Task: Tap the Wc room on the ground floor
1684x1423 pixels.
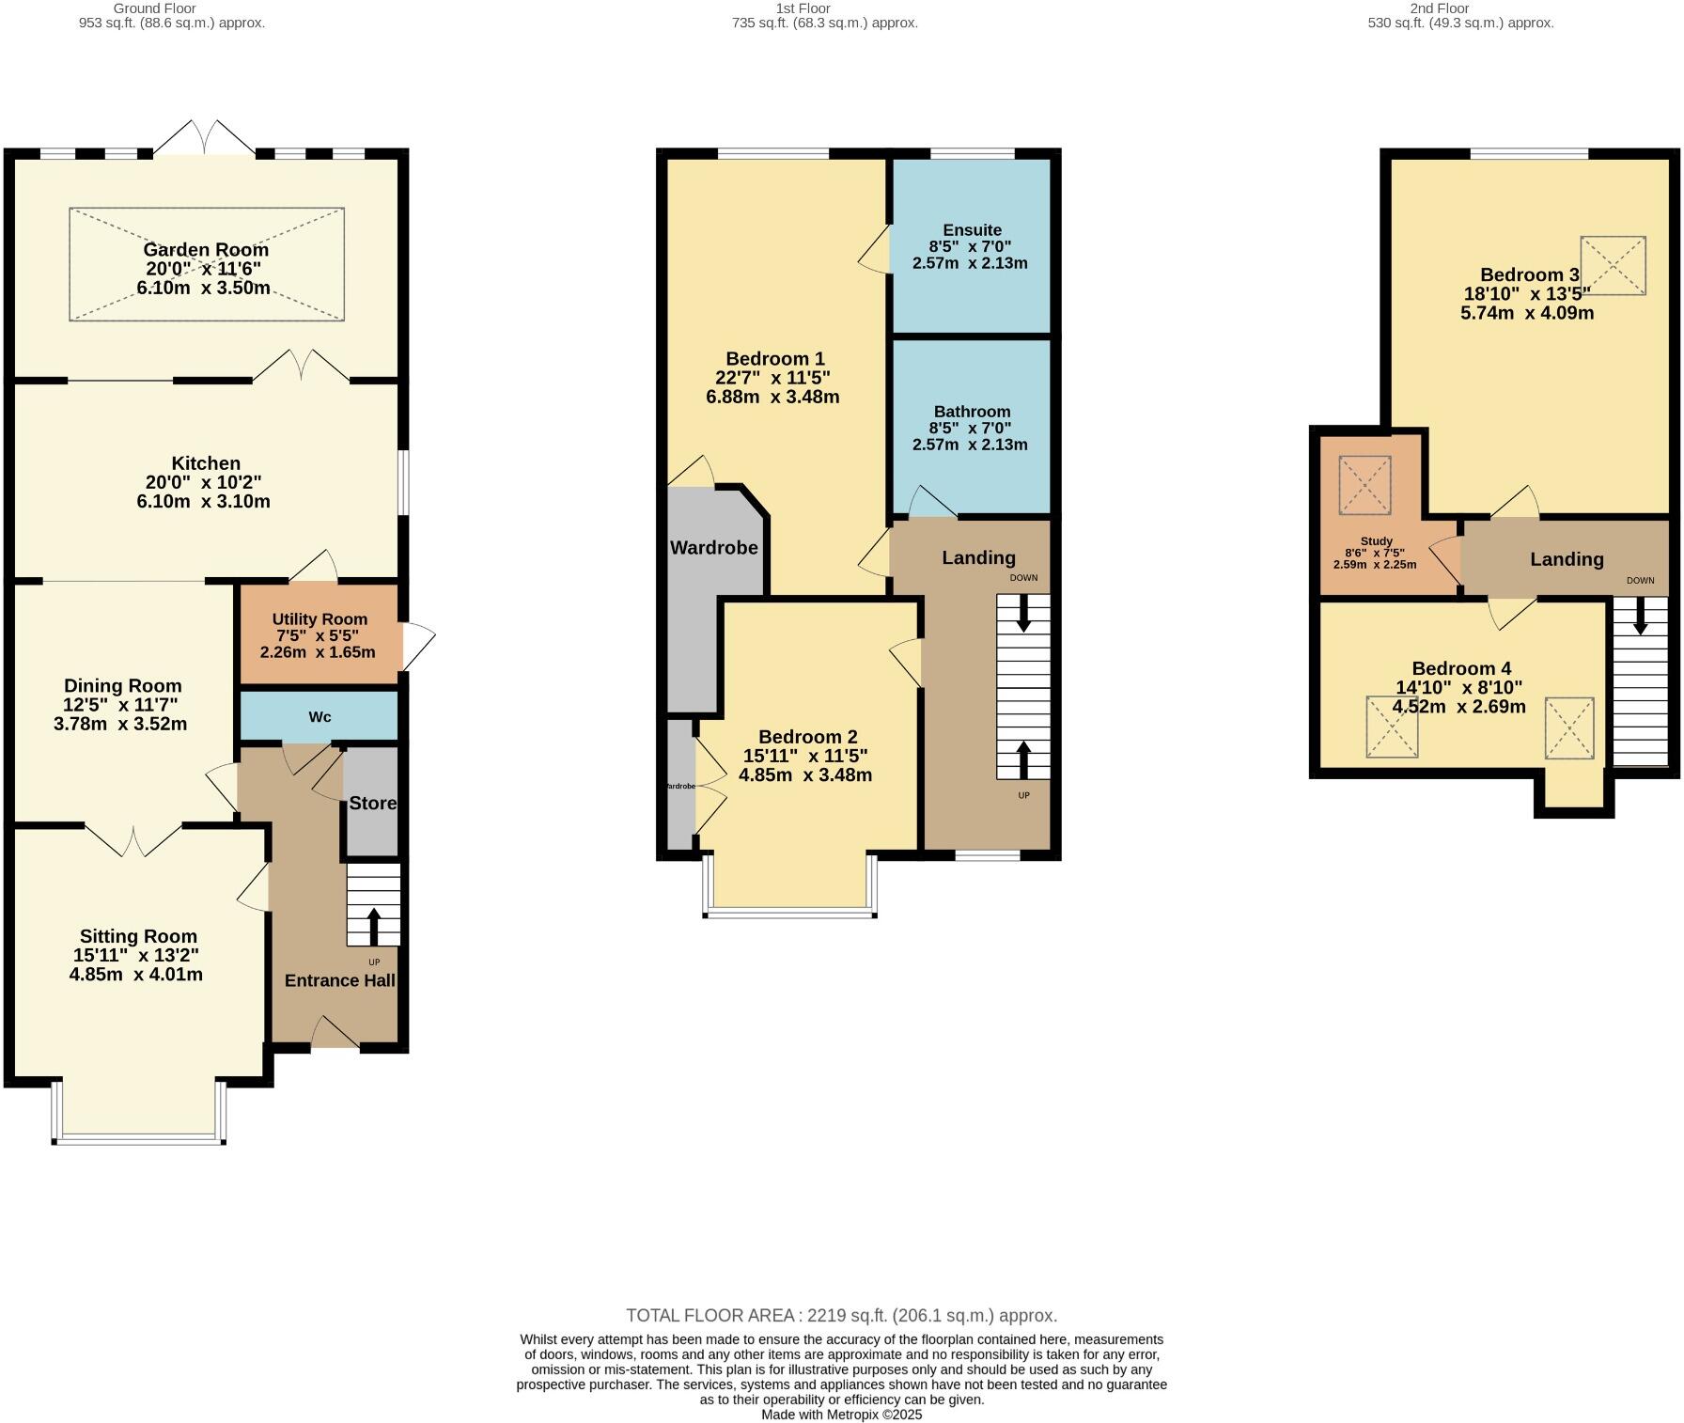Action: tap(320, 717)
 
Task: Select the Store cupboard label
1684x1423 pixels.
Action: tap(372, 804)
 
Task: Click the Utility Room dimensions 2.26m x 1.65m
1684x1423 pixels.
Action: tap(318, 652)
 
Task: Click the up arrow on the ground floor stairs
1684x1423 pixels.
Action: tap(373, 926)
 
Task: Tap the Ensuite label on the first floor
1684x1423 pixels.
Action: tap(972, 230)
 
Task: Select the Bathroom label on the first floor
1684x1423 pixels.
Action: tap(972, 412)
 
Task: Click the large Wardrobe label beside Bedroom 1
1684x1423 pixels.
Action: tap(713, 548)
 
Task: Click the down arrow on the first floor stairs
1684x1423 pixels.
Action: tap(1023, 614)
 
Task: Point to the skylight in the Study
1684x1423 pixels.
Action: tap(1364, 485)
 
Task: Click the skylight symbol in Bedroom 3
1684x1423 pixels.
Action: tap(1613, 267)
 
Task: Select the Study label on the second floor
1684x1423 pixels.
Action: tap(1376, 541)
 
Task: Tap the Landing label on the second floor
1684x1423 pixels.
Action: tap(1567, 559)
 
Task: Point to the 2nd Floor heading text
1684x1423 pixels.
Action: tap(1439, 8)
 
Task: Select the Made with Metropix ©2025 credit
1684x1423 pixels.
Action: tap(841, 1415)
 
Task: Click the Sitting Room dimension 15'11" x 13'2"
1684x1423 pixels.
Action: tap(136, 956)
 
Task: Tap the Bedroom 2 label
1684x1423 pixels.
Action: tap(807, 737)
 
